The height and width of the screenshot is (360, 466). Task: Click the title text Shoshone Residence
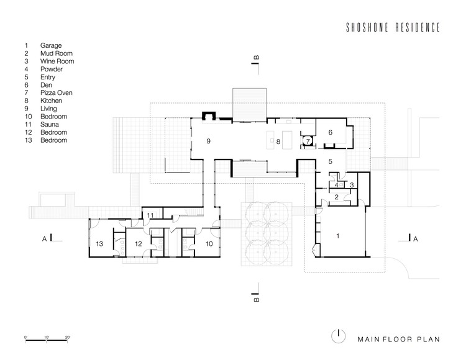pyautogui.click(x=393, y=27)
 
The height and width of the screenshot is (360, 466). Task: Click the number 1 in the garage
pyautogui.click(x=337, y=236)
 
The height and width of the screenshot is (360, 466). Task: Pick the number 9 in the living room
pyautogui.click(x=208, y=141)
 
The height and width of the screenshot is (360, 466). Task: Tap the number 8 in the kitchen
pyautogui.click(x=278, y=142)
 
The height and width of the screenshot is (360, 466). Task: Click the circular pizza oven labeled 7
pyautogui.click(x=308, y=141)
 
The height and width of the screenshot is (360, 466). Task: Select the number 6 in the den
pyautogui.click(x=330, y=132)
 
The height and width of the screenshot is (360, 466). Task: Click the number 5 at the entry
pyautogui.click(x=330, y=161)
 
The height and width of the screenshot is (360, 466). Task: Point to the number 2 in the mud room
pyautogui.click(x=336, y=197)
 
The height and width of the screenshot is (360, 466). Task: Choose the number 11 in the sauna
pyautogui.click(x=150, y=215)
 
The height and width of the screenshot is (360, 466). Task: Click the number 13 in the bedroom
pyautogui.click(x=99, y=244)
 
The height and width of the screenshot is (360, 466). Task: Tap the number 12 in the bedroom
pyautogui.click(x=138, y=244)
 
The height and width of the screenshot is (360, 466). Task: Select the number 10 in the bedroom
pyautogui.click(x=209, y=244)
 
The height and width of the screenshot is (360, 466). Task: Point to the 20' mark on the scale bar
pyautogui.click(x=68, y=337)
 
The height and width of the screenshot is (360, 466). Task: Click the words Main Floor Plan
pyautogui.click(x=398, y=340)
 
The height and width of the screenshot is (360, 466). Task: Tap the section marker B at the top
pyautogui.click(x=257, y=57)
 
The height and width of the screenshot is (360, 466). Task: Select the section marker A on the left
pyautogui.click(x=44, y=238)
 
